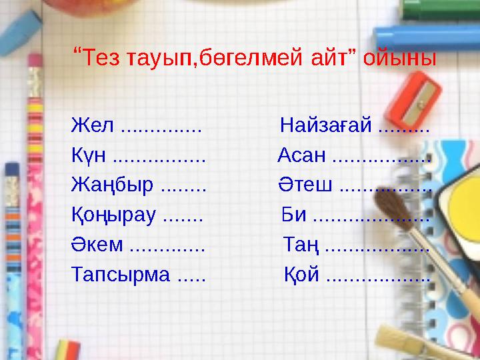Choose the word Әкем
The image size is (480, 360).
click(x=97, y=244)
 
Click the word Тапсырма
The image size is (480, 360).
click(x=121, y=273)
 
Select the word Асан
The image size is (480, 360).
click(x=302, y=157)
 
